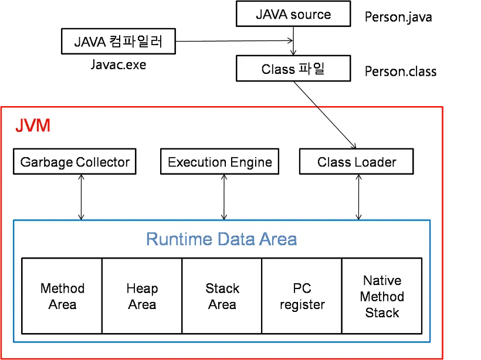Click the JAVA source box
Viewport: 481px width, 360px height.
click(x=293, y=15)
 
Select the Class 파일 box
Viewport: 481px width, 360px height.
click(x=293, y=69)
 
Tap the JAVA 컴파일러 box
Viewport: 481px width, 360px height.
click(x=118, y=42)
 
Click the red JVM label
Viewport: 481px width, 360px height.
click(x=32, y=125)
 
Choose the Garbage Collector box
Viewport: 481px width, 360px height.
click(x=74, y=162)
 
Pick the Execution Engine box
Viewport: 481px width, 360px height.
click(x=220, y=162)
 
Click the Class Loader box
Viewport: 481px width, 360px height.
click(x=357, y=162)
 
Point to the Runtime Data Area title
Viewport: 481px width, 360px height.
click(x=221, y=239)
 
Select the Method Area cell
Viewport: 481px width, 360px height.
click(x=62, y=296)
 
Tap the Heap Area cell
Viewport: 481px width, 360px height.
click(x=142, y=296)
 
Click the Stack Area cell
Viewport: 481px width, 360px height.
click(x=222, y=296)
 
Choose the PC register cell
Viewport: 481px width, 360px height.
click(x=302, y=296)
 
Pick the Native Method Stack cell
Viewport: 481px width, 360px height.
click(x=382, y=296)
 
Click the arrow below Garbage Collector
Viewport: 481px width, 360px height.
click(x=82, y=197)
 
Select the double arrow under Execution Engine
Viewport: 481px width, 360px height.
click(x=223, y=197)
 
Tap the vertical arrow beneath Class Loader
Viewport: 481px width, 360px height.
click(x=358, y=197)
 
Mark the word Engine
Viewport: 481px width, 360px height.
click(x=250, y=162)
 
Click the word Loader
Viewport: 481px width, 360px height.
click(x=377, y=162)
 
